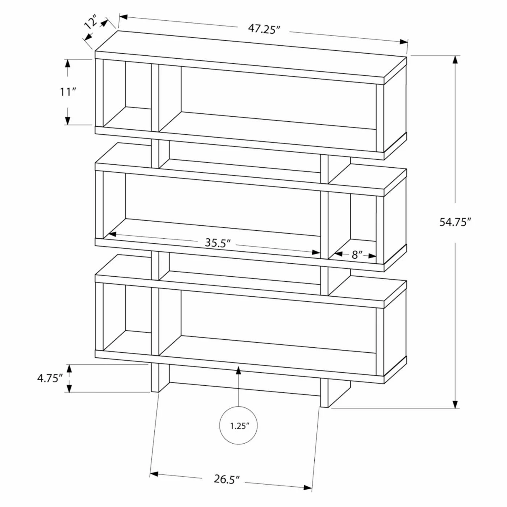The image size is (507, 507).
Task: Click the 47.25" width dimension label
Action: pos(264,29)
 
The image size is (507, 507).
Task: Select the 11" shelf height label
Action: pos(67,92)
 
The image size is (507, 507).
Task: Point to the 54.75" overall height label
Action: pos(455,222)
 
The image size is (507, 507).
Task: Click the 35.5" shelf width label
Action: pos(218,243)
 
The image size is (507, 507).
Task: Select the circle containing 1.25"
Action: pos(239,426)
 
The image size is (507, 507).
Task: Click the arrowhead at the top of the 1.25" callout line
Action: pos(239,369)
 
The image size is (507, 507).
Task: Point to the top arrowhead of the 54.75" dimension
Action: pos(455,60)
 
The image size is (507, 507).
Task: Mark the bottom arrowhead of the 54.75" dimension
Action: pos(455,404)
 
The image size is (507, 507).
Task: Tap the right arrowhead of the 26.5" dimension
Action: pos(308,487)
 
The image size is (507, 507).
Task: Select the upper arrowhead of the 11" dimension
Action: pos(67,63)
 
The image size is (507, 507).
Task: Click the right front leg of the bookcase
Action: pos(324,393)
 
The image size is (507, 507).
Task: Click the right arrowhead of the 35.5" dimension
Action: pos(317,252)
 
